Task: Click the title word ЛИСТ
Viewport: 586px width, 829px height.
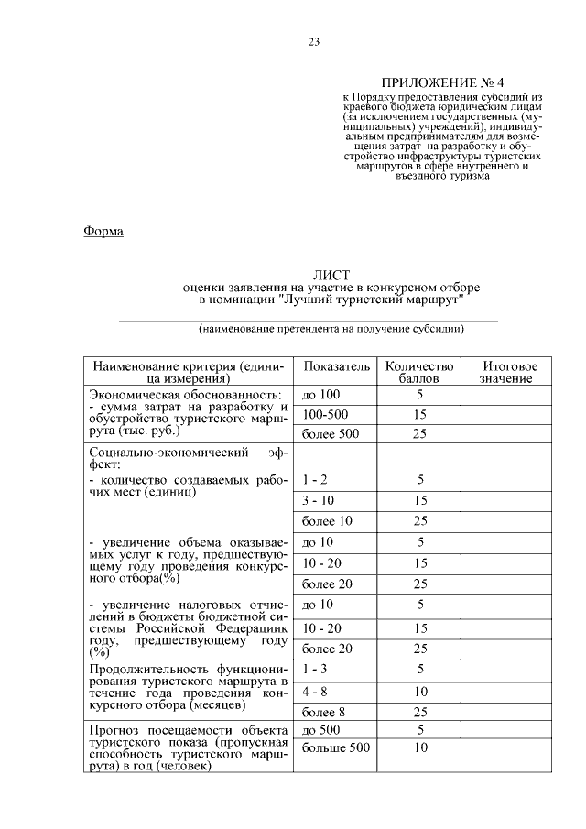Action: point(331,275)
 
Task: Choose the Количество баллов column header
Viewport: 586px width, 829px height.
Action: point(419,372)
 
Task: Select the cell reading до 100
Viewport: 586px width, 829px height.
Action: point(320,394)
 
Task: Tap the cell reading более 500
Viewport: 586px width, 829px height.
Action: point(331,433)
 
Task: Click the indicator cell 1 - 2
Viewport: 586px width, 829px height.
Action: point(315,479)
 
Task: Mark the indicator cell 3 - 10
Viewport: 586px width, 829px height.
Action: point(318,500)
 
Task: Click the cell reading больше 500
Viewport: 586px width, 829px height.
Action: point(335,748)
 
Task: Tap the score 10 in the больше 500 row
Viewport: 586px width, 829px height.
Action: point(420,748)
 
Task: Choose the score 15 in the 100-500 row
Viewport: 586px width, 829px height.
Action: point(420,414)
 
